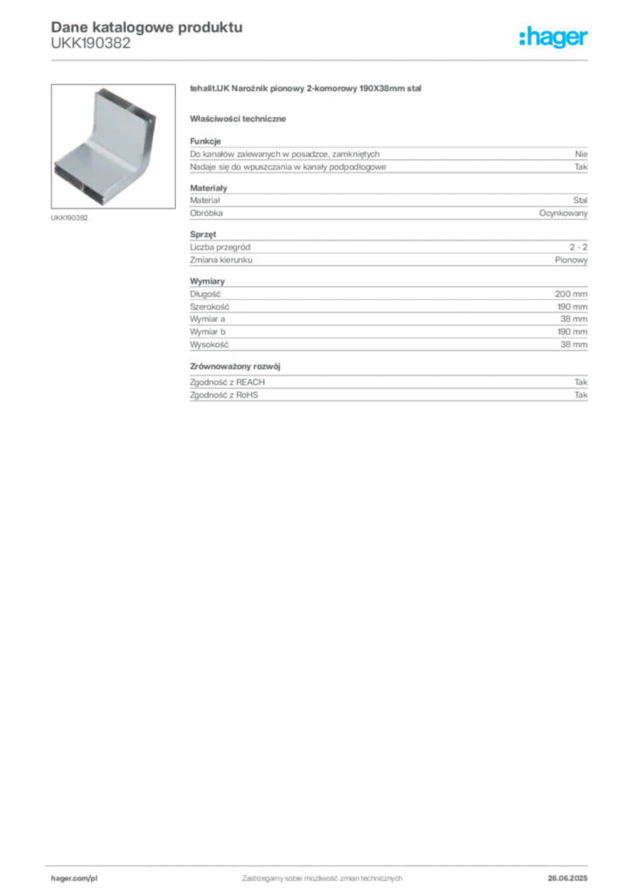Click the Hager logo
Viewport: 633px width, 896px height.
tap(553, 37)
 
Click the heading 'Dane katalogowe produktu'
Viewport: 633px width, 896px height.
tap(147, 27)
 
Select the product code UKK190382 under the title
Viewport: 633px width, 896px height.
tap(91, 44)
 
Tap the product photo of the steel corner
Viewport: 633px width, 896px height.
tap(113, 146)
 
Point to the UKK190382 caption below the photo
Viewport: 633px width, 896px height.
tap(69, 218)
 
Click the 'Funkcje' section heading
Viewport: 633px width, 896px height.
tap(205, 141)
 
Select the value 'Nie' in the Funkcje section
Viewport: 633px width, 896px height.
tap(581, 154)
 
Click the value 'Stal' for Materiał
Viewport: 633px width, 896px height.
tap(581, 200)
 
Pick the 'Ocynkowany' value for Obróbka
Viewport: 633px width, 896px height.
tap(563, 213)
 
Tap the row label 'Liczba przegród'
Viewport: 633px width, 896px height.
tap(220, 247)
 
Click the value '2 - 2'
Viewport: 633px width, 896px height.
tap(578, 247)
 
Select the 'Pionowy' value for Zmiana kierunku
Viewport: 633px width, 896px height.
tap(571, 260)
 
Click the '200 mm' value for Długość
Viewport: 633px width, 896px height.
tap(571, 294)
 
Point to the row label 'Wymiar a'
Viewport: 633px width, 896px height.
tap(208, 318)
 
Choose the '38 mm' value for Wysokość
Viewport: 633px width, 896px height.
tap(574, 345)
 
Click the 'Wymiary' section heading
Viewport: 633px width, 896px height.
tap(207, 281)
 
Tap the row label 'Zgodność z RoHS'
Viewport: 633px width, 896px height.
tap(224, 395)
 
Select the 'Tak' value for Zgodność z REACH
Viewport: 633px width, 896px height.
tap(581, 381)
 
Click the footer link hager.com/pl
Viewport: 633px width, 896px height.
tap(74, 878)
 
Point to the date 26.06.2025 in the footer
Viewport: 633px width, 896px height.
tap(567, 878)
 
